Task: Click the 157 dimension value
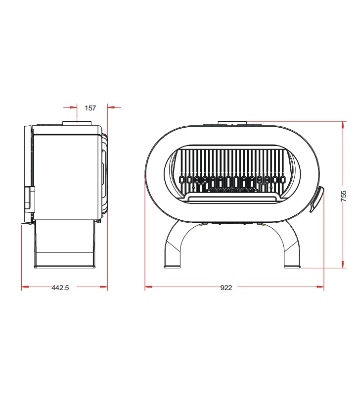(90, 108)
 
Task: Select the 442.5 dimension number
(60, 288)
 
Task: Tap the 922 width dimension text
(226, 288)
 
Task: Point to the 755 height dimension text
(344, 196)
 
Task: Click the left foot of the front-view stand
(172, 266)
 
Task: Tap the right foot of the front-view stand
(292, 266)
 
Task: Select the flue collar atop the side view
(77, 123)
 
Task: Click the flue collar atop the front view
(232, 123)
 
